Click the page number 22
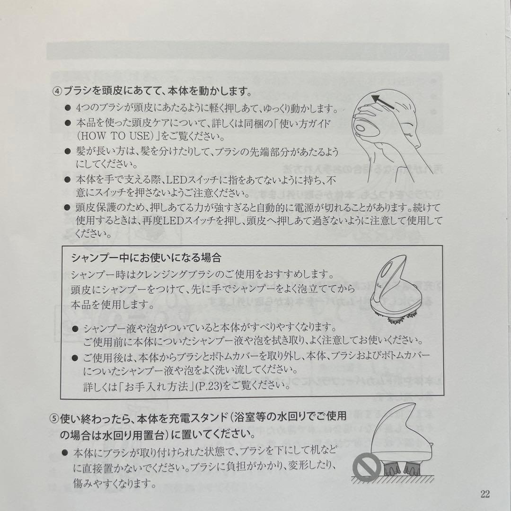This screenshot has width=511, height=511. click(485, 494)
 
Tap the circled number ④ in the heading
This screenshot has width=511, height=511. click(56, 90)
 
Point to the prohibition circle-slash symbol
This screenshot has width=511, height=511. click(366, 467)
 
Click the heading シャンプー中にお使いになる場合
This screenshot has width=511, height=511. click(146, 258)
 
